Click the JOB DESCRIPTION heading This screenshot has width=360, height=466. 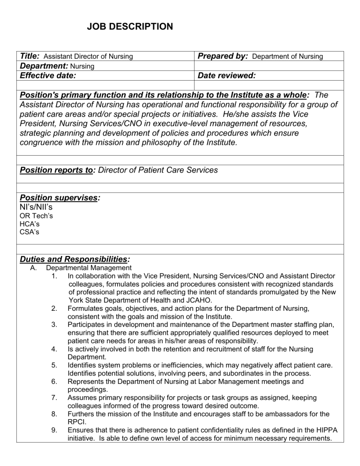pyautogui.click(x=130, y=27)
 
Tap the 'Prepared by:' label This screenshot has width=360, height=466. pyautogui.click(x=223, y=56)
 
